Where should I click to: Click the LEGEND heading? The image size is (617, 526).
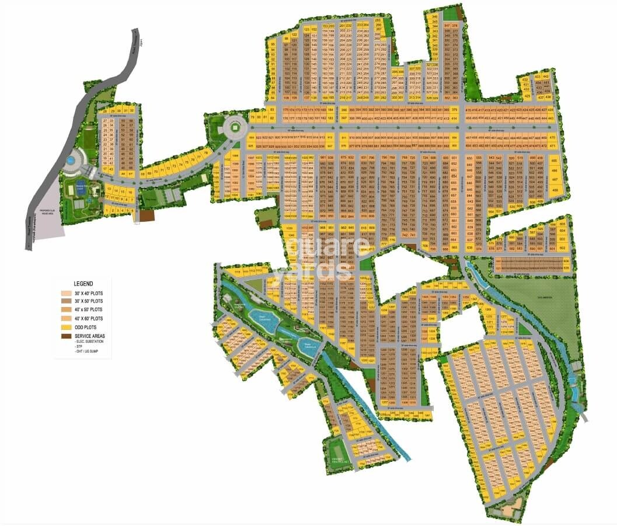tap(83, 283)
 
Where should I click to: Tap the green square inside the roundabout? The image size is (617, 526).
tap(233, 125)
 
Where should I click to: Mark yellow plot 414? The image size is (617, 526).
tap(454, 118)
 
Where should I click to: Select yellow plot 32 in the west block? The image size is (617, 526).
tap(132, 110)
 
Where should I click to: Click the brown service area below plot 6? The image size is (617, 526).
tap(147, 215)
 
